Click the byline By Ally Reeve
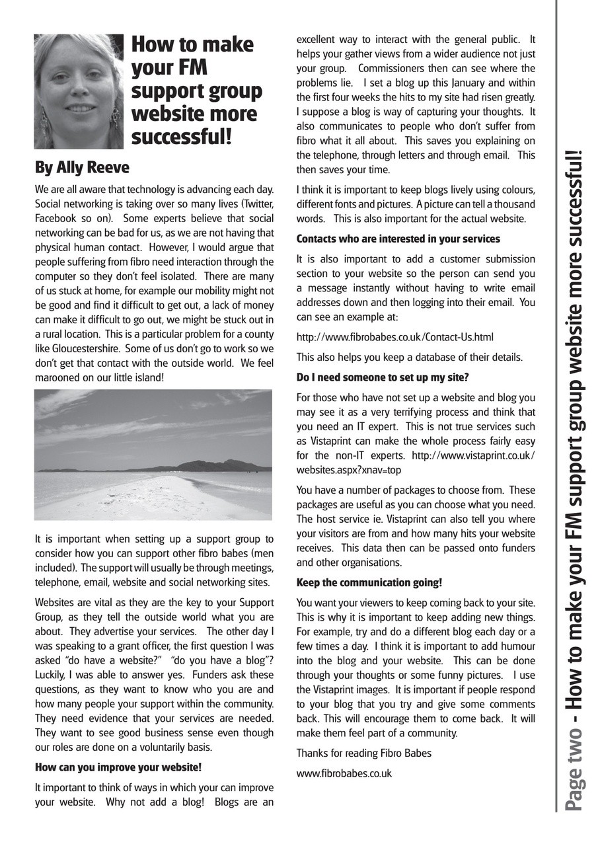pos(82,168)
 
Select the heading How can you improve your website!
pos(118,767)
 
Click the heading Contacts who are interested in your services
pos(398,239)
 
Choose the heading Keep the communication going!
pos(369,582)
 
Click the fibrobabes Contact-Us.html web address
pos(394,337)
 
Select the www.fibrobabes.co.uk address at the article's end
pos(344,773)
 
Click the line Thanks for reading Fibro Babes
pos(363,753)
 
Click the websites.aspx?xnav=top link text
pos(348,470)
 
